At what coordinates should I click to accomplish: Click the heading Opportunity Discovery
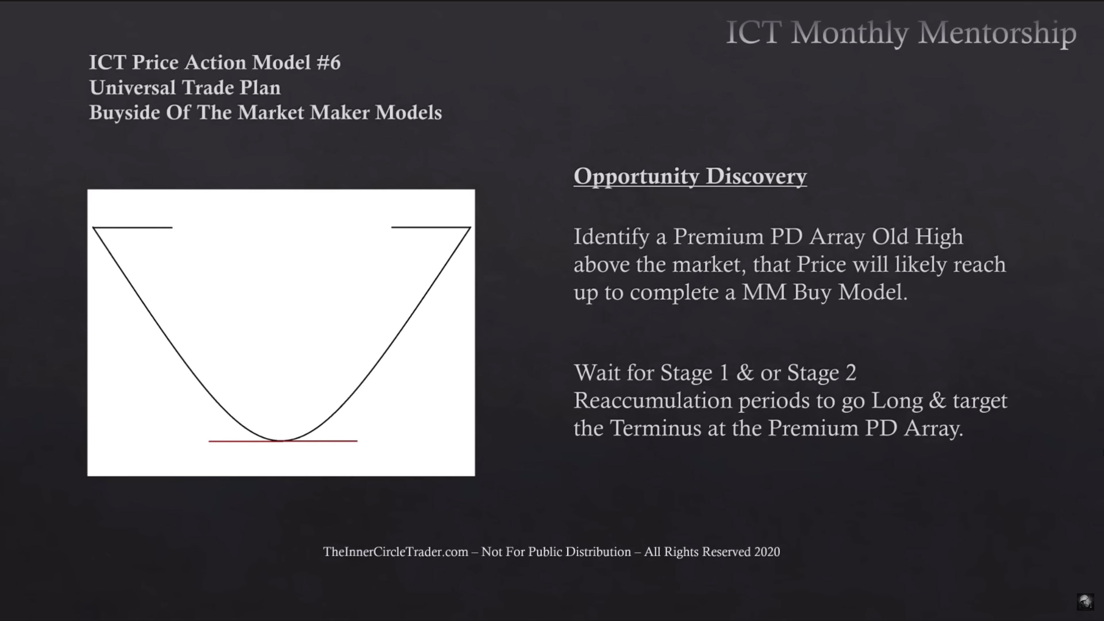point(690,177)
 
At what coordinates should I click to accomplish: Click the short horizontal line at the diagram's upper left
point(133,228)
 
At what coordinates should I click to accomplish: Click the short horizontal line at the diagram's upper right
point(431,227)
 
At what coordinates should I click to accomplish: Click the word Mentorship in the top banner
point(997,33)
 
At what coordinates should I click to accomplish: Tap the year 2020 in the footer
point(767,552)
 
